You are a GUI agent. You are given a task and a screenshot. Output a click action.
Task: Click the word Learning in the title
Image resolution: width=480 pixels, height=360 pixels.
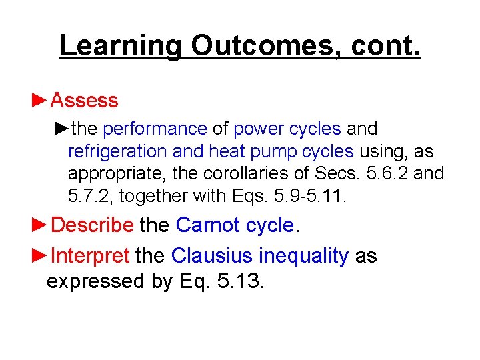point(119,46)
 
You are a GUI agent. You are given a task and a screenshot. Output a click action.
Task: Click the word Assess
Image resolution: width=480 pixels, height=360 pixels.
point(84,101)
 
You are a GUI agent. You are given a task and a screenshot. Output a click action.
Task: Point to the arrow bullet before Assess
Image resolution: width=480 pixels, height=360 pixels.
point(39,101)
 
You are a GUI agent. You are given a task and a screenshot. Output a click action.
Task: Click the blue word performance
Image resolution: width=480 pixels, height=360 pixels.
point(155,128)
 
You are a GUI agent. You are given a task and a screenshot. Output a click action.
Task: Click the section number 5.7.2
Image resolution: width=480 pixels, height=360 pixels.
point(89,197)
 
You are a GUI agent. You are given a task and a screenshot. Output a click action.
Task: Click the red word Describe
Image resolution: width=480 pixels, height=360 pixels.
point(92,225)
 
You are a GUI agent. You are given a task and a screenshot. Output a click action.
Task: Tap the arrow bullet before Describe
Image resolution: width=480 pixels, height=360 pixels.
point(39,225)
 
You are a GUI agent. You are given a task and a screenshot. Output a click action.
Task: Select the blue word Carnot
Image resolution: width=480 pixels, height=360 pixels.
point(207,225)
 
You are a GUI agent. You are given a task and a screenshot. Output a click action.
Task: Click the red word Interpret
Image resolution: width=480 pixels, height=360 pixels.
point(90,256)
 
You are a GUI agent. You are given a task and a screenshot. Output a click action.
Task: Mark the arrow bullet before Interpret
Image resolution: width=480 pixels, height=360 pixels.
point(39,256)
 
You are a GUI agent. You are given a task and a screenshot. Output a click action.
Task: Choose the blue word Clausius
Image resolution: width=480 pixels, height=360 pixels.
point(211,256)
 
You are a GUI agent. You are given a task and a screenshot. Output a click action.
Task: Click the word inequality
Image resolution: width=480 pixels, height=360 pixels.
point(303,256)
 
